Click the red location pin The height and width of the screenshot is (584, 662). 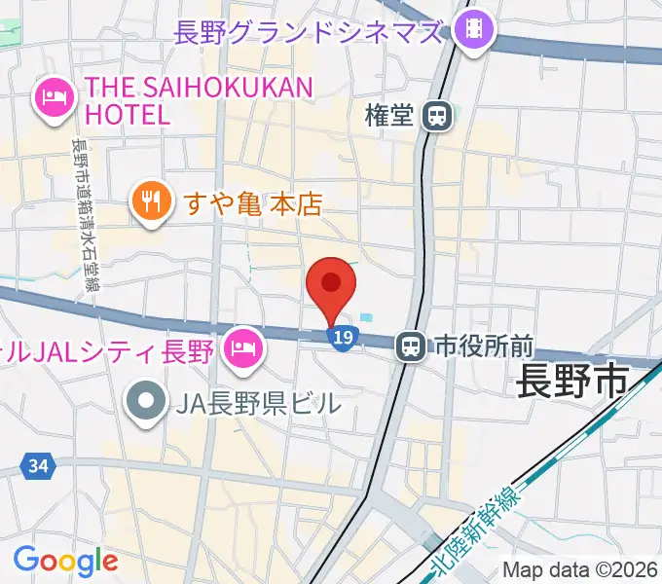(x=331, y=285)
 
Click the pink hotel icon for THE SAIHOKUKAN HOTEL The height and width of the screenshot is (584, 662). (x=55, y=97)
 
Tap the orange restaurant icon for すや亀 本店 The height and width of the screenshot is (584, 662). (x=149, y=202)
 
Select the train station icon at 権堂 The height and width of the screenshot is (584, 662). (x=437, y=117)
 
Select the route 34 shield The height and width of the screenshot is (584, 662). (x=37, y=467)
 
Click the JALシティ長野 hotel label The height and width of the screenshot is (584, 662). (x=107, y=348)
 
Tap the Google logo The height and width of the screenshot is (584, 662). (x=65, y=560)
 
